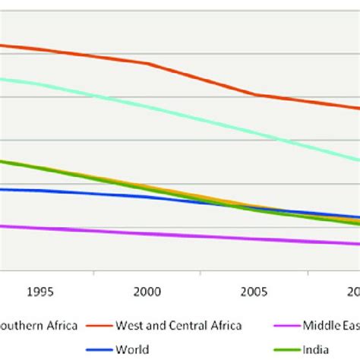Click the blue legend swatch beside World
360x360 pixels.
(x=99, y=350)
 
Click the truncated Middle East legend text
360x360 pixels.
(x=331, y=326)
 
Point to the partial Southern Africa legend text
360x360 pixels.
(x=39, y=326)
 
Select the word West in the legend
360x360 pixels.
(x=128, y=326)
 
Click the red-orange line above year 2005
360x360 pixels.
(x=254, y=94)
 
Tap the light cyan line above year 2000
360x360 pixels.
(x=147, y=106)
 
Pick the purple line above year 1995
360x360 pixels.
(x=40, y=229)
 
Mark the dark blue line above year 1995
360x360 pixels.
(x=40, y=191)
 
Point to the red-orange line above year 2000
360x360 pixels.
(x=147, y=64)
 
